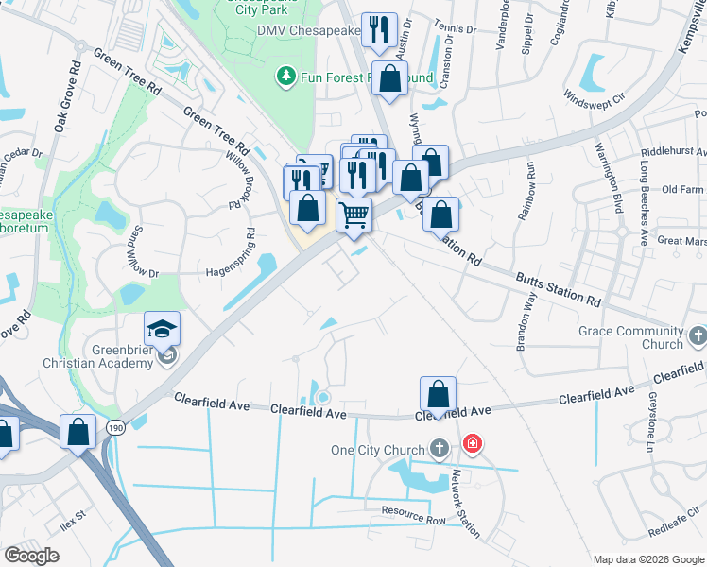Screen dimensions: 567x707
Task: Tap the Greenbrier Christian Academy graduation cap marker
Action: click(x=163, y=329)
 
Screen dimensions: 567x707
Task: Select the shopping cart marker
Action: click(x=353, y=214)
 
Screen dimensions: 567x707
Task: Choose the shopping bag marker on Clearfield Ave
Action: click(x=438, y=393)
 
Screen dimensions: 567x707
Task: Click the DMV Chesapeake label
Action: click(x=307, y=30)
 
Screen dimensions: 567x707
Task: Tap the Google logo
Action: click(x=31, y=556)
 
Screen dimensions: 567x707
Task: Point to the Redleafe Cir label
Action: click(x=675, y=519)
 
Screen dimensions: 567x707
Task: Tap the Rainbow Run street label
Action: click(x=526, y=191)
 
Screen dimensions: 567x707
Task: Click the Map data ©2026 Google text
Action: click(x=647, y=559)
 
